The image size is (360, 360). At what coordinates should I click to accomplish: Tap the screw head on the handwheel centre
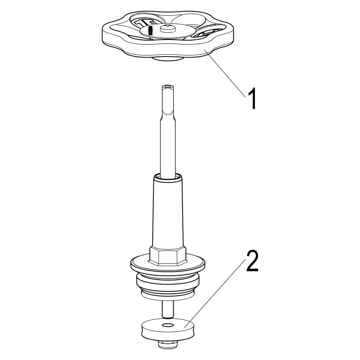pos(168,28)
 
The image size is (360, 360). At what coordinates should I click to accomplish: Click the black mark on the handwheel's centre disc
pos(150,30)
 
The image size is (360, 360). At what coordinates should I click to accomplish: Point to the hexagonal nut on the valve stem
pos(167,255)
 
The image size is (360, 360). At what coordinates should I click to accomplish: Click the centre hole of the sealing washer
pos(167,325)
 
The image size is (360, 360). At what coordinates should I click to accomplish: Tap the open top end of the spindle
pos(168,87)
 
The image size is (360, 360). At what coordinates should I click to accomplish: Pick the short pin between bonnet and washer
pos(168,309)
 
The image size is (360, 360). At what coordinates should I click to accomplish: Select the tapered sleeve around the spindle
pos(168,211)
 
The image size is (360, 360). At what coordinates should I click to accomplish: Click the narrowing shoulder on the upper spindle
pos(168,114)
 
